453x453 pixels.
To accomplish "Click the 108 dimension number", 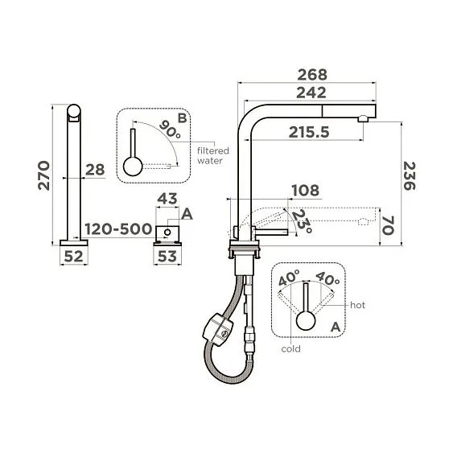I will [x=305, y=191].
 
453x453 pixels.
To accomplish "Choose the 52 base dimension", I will [x=74, y=257].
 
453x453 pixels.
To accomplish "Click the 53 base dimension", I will [x=167, y=257].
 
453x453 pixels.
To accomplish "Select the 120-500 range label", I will [x=120, y=229].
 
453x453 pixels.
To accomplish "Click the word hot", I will [x=357, y=306].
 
